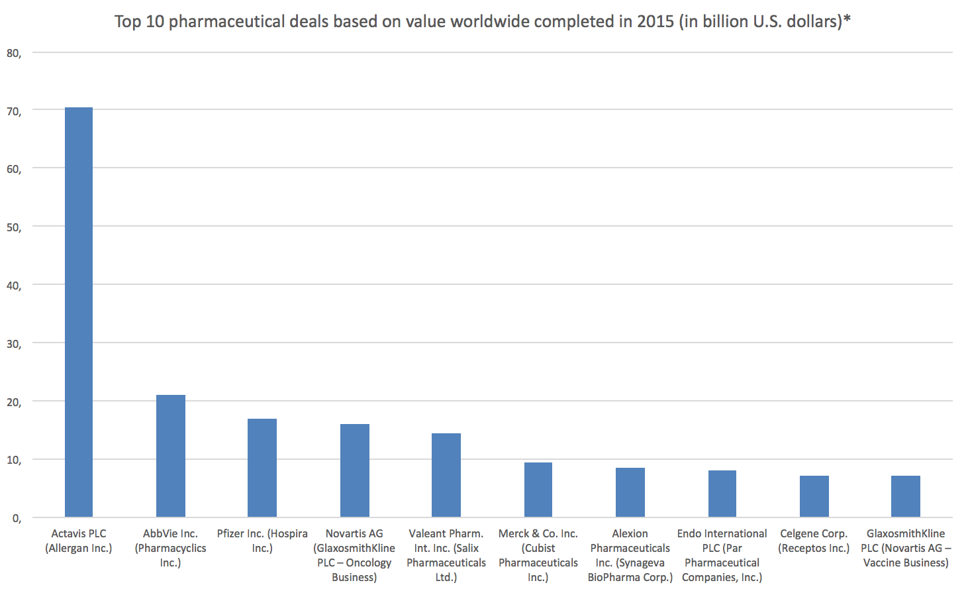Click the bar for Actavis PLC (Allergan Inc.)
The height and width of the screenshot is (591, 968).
tap(79, 311)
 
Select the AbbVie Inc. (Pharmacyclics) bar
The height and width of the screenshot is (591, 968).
tap(170, 456)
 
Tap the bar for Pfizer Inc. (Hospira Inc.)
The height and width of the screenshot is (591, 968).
tap(262, 468)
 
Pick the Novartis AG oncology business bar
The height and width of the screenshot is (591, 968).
tap(354, 470)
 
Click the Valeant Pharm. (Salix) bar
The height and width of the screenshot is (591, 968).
tap(446, 475)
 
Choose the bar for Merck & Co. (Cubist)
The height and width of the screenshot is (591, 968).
tap(538, 490)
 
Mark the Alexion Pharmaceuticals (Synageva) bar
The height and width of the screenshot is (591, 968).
tap(630, 492)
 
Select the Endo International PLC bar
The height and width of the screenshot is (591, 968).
tap(722, 494)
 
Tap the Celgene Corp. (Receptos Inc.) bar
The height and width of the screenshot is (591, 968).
tap(814, 496)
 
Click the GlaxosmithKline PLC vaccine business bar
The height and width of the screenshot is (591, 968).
tap(905, 496)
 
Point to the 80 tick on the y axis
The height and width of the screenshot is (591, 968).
tap(14, 53)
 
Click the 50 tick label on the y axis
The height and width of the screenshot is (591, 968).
tap(14, 227)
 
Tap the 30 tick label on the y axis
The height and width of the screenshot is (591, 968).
tap(14, 344)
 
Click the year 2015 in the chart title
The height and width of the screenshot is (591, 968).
tap(655, 21)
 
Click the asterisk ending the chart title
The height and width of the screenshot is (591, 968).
tap(847, 20)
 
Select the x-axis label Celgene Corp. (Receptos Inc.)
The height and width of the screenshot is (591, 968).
tap(814, 541)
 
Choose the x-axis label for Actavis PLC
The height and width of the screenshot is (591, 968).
tap(79, 541)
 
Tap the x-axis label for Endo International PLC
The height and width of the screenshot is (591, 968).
tap(722, 555)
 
